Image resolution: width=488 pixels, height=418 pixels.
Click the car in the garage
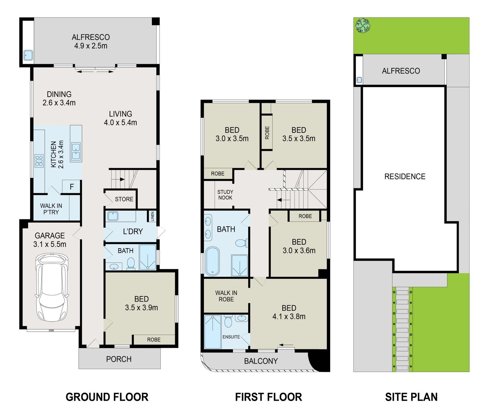pos(52,288)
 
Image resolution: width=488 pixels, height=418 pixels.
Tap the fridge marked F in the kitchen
pos(72,187)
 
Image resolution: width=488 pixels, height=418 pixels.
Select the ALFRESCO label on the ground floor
pos(91,37)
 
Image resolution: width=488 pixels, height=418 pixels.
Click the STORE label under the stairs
pos(124,199)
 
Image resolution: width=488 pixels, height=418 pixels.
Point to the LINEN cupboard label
pos(152,216)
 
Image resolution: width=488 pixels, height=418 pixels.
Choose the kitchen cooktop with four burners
pos(39,161)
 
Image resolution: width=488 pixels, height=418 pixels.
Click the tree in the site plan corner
pos(363,25)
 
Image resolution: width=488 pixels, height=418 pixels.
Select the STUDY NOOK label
pos(225,195)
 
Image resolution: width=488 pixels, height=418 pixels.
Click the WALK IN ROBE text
pos(226,296)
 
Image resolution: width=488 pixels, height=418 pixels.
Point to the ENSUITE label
pos(231,337)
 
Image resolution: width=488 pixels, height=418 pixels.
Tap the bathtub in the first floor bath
pos(212,261)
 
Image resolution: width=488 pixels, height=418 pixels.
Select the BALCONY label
pos(261,361)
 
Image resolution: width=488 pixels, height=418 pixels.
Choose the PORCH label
pos(118,359)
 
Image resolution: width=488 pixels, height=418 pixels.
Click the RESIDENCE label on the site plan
pos(405,176)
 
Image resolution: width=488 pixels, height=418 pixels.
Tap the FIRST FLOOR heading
pos(268,397)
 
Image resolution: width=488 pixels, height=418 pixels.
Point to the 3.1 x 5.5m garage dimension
pos(49,244)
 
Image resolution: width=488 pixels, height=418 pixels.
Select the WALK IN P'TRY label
pos(51,209)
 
